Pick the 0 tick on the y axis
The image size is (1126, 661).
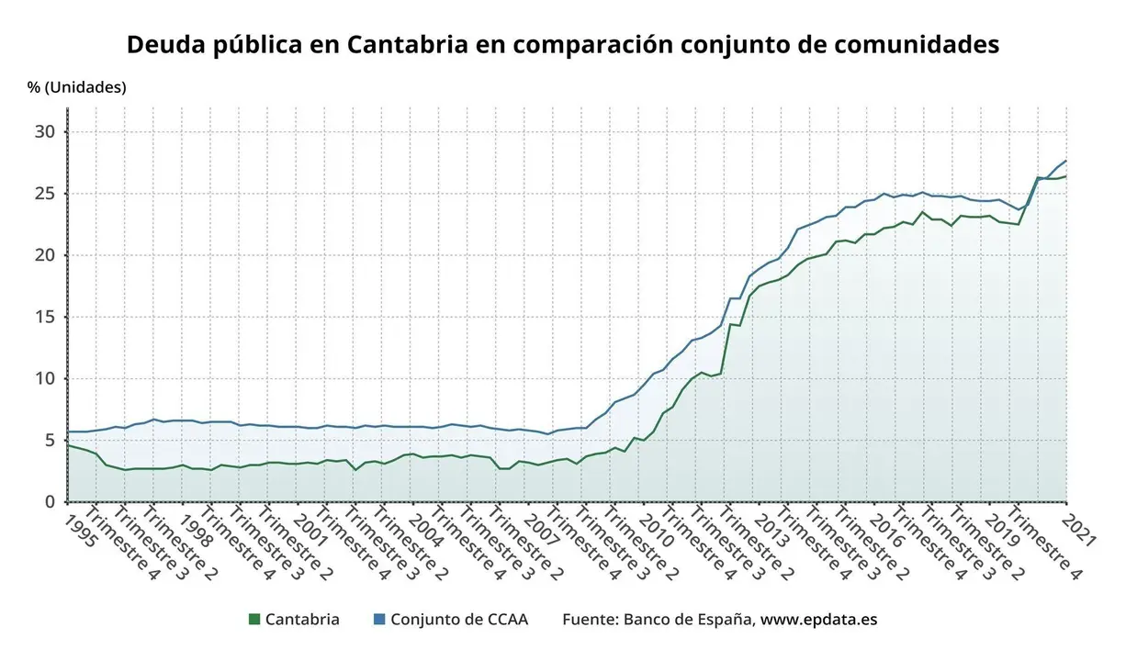point(51,502)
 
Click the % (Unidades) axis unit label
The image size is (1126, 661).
point(77,87)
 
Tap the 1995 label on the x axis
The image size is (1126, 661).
point(81,530)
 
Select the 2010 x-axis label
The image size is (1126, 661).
point(656,530)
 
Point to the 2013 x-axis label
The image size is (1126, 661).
point(771,530)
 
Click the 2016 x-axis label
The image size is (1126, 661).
point(886,530)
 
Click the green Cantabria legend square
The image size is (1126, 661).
point(254,620)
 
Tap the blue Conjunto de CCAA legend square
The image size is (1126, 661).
point(378,620)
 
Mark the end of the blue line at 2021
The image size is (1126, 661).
point(1065,162)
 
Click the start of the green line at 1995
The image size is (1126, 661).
point(69,445)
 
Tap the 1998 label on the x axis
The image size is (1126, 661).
point(196,530)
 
